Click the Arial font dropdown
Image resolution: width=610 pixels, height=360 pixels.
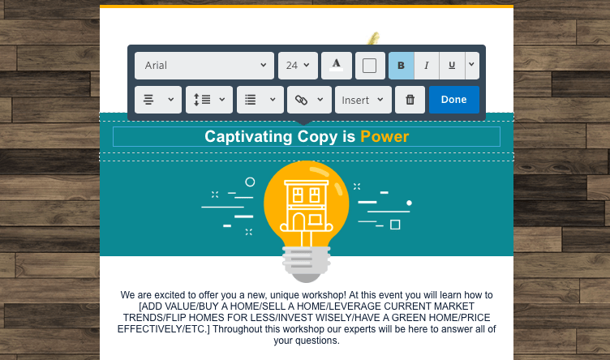tap(204, 66)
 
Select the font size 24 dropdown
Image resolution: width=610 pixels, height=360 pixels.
tap(298, 66)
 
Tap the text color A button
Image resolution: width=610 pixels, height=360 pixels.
tap(337, 66)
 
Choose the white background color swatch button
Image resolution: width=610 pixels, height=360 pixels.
tap(370, 66)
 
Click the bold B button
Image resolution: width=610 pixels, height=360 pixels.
tap(401, 66)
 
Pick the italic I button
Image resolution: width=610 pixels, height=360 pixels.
tap(427, 66)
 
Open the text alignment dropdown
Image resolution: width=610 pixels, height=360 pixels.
tap(158, 100)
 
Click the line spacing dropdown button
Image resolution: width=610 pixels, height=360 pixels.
tap(209, 100)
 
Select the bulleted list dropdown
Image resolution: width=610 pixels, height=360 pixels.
tap(260, 100)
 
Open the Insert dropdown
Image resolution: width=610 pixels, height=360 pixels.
tap(363, 100)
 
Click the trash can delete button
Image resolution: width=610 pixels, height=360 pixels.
tap(410, 100)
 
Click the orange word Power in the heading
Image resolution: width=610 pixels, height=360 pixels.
tap(384, 137)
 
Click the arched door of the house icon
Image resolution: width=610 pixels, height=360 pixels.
tap(299, 222)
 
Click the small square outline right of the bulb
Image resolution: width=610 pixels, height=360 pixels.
tap(395, 225)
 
